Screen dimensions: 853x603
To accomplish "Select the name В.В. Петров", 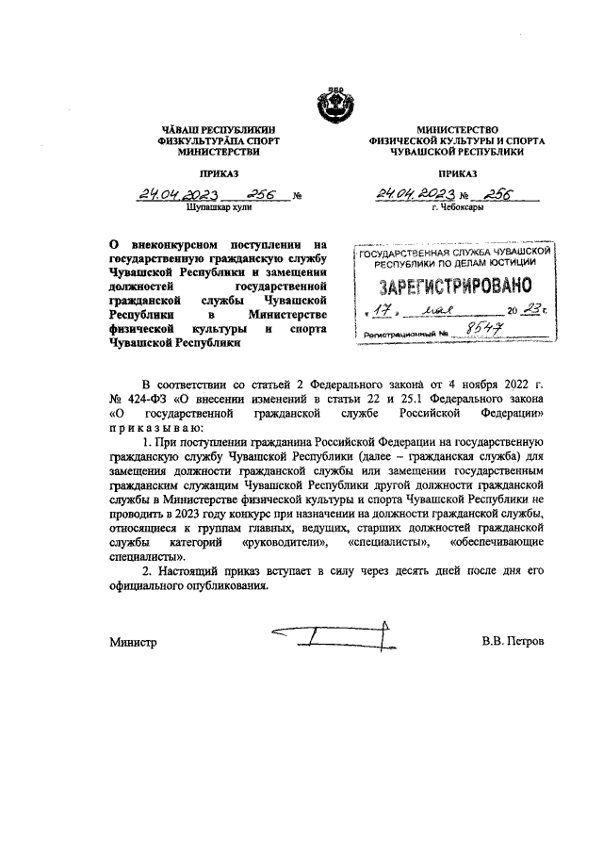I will pyautogui.click(x=513, y=642).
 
